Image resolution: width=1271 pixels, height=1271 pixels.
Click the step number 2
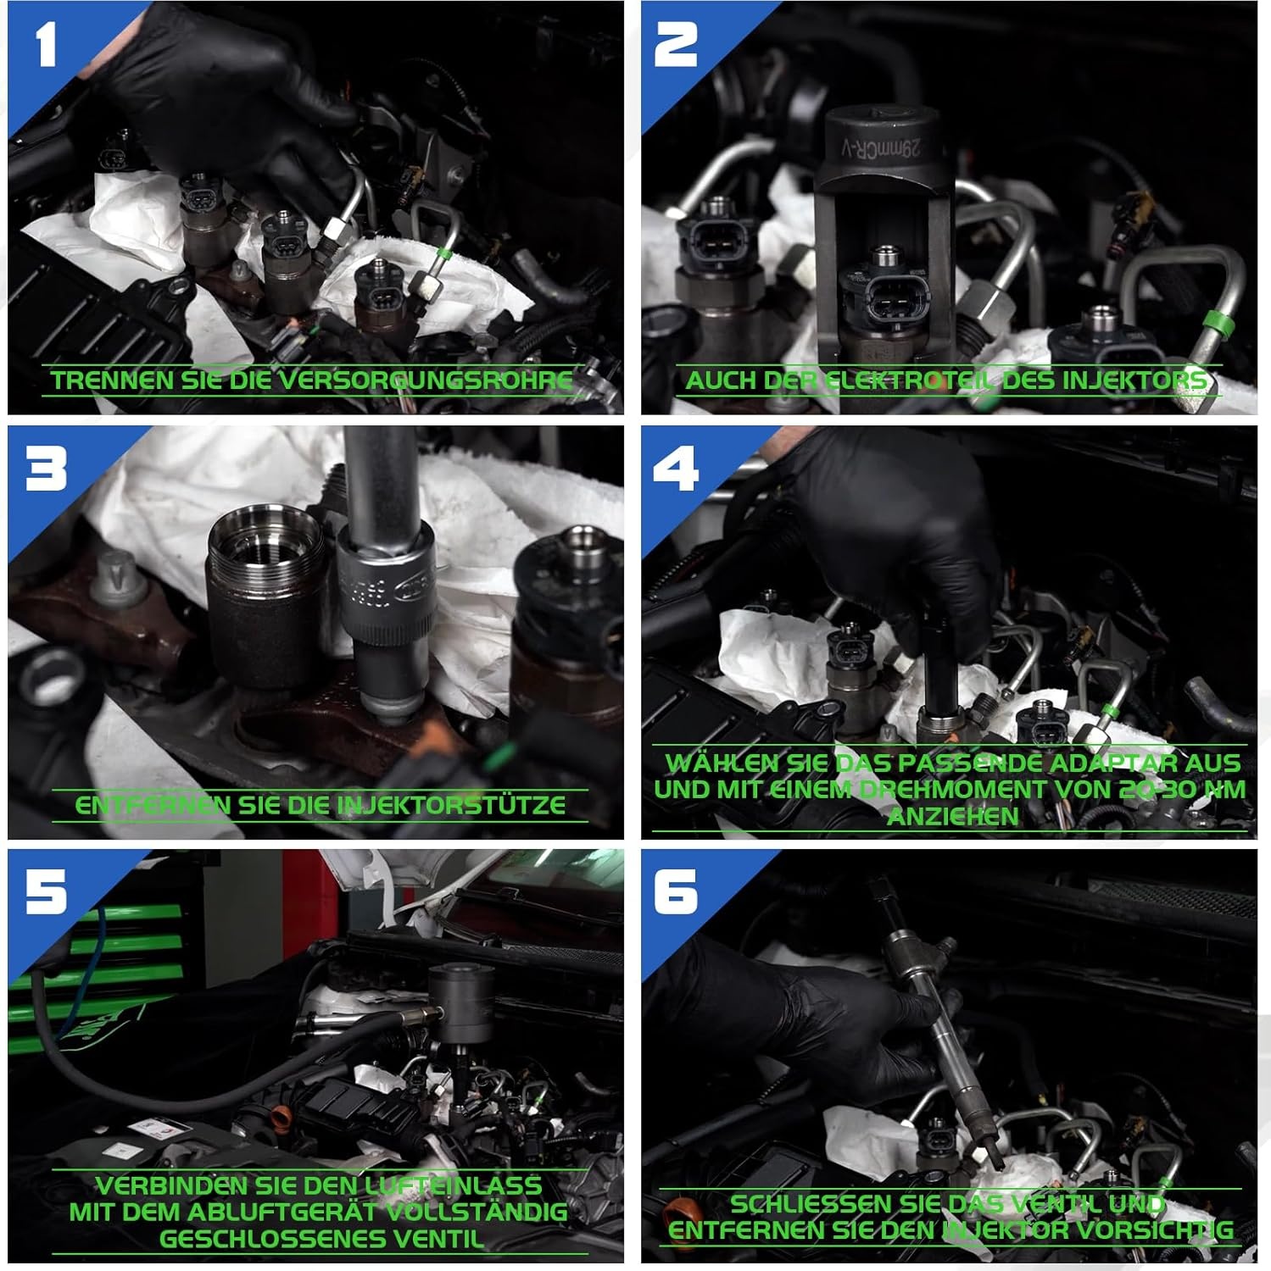click(x=676, y=46)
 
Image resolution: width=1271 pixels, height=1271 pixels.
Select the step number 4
click(x=676, y=468)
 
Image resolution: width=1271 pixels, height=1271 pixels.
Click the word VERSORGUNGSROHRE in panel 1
click(x=425, y=380)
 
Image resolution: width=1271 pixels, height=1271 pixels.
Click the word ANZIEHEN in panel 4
click(x=952, y=817)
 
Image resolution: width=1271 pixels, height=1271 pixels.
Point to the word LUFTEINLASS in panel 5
click(x=454, y=1185)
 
